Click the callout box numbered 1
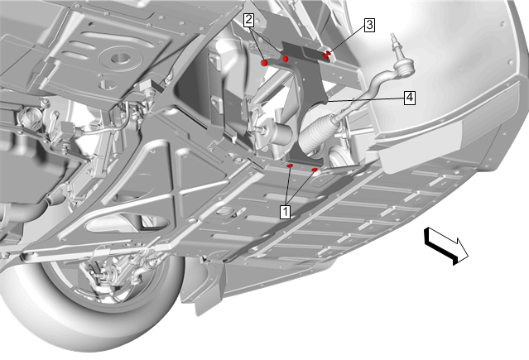285,212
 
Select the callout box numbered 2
248,20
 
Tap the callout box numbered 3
370,25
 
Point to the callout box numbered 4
410,98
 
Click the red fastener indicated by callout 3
326,55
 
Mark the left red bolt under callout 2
265,62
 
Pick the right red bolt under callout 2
286,59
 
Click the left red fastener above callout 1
290,166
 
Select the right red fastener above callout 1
315,170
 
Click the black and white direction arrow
446,245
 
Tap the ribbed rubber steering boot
315,133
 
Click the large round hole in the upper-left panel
120,58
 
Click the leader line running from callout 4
366,99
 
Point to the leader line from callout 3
347,40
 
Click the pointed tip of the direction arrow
469,256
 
